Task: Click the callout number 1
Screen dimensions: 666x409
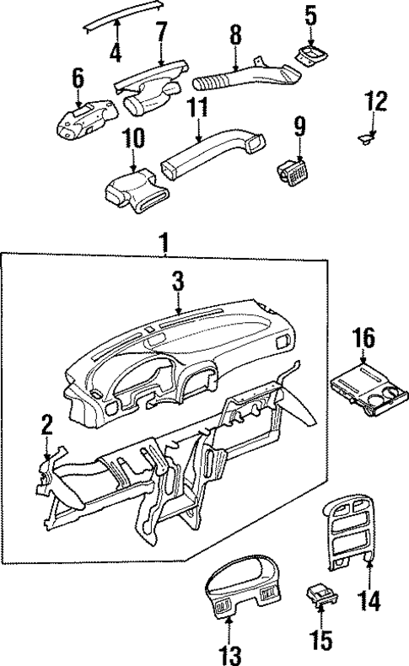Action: (x=165, y=244)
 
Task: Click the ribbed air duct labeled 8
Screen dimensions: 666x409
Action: (x=245, y=78)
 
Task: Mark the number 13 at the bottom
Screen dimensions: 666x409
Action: (x=229, y=653)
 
